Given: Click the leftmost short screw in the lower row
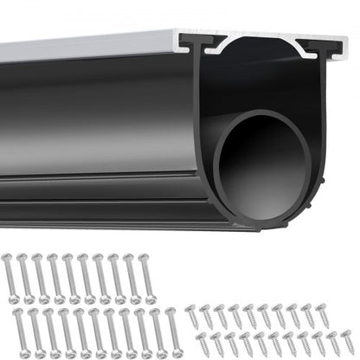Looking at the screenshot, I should coord(198,344).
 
